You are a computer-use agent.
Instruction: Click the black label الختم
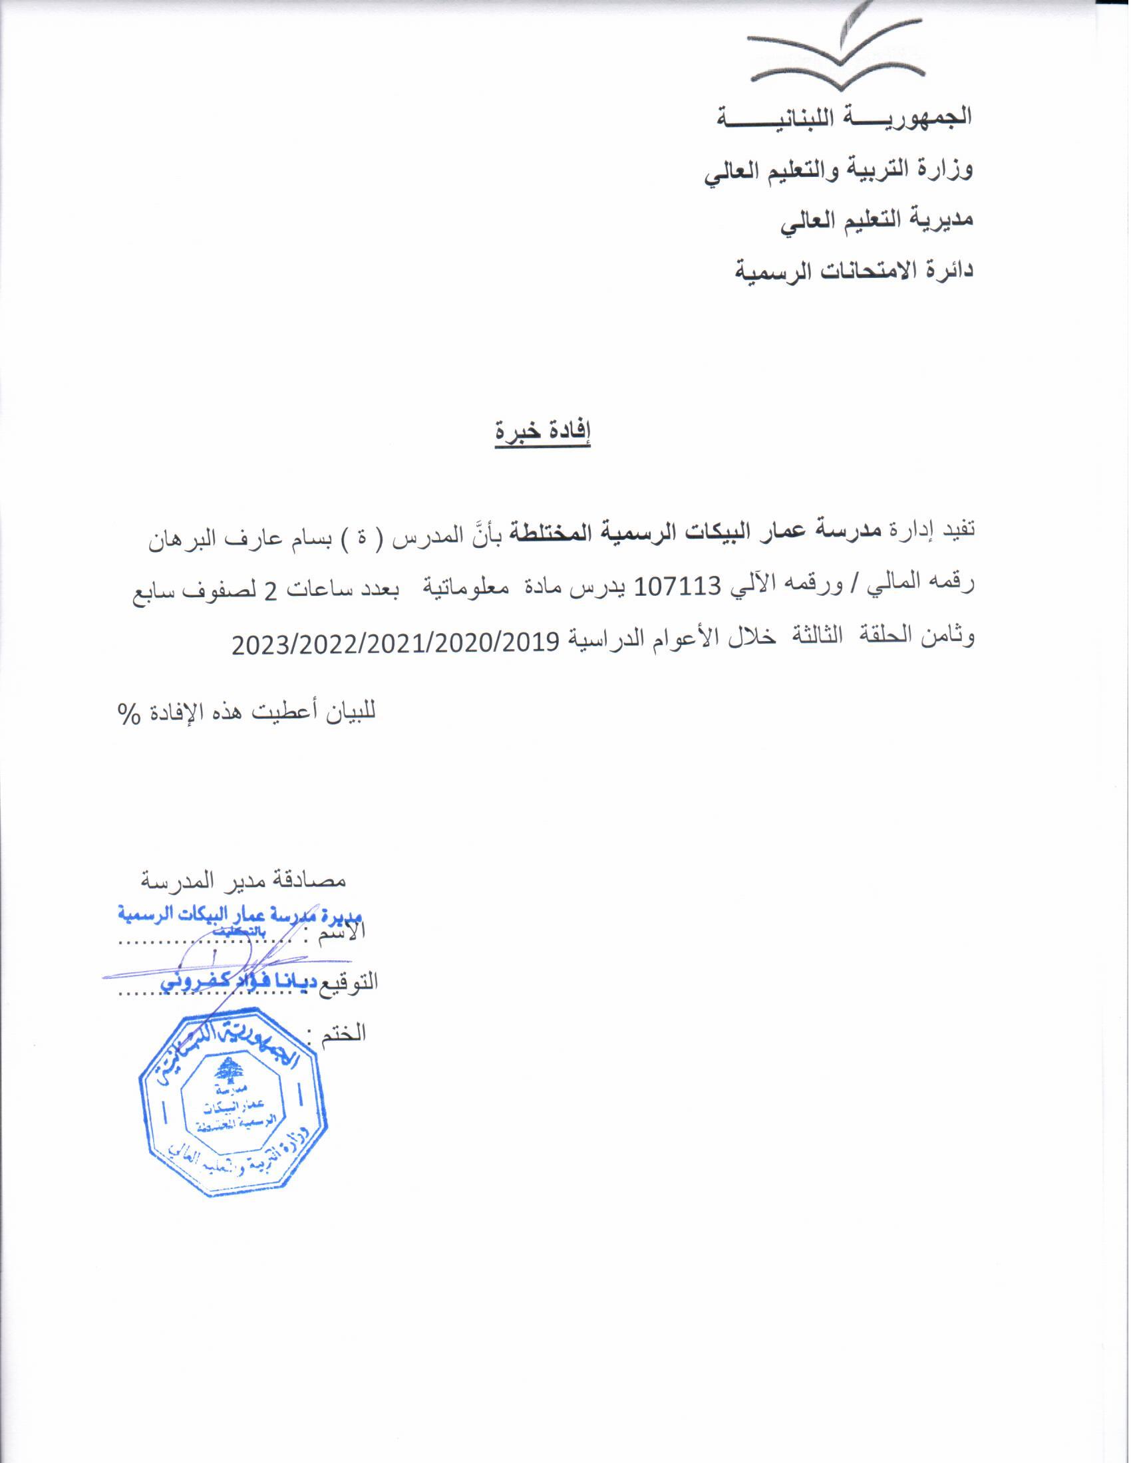click(x=346, y=1032)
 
